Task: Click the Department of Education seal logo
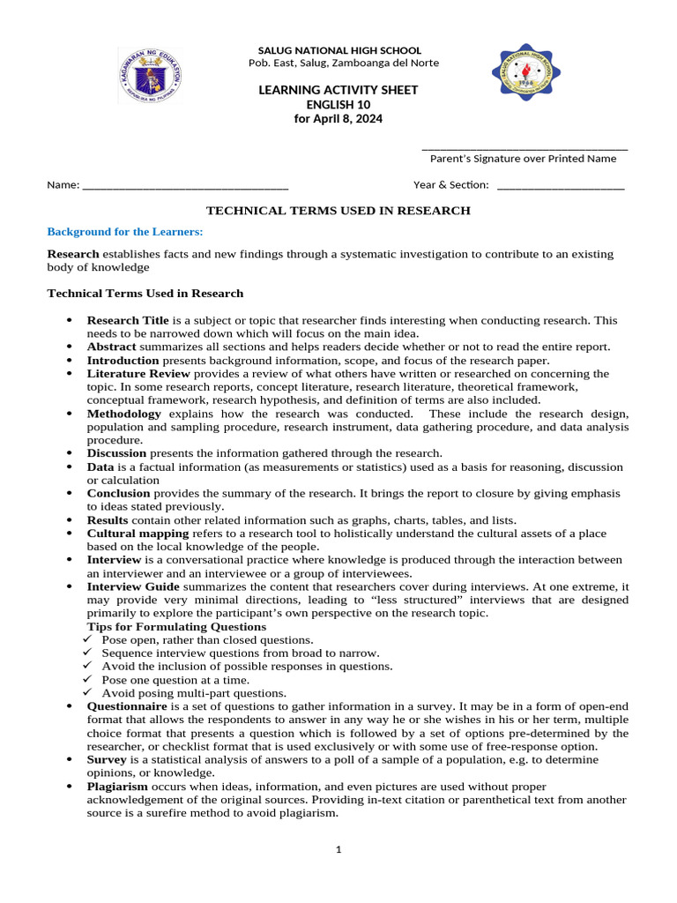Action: tap(149, 76)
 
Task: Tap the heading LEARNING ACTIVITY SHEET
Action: tap(338, 90)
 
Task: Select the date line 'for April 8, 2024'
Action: tap(338, 119)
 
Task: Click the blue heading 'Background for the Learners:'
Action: tap(124, 232)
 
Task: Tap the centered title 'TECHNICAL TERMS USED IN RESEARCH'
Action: tap(338, 211)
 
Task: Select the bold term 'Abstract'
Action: tap(111, 347)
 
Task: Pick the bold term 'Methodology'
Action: tap(123, 414)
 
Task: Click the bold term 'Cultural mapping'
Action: tap(138, 534)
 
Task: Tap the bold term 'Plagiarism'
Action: tap(117, 786)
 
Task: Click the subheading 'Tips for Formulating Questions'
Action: tap(176, 626)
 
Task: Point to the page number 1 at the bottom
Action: tap(338, 850)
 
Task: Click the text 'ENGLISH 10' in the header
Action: tap(338, 105)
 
